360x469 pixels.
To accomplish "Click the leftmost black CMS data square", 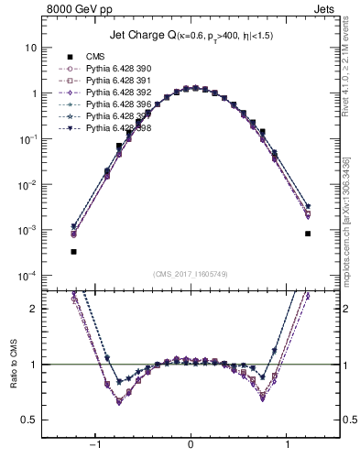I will [73, 251].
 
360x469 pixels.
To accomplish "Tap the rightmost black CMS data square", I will [308, 234].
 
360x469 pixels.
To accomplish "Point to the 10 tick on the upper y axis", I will [33, 48].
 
